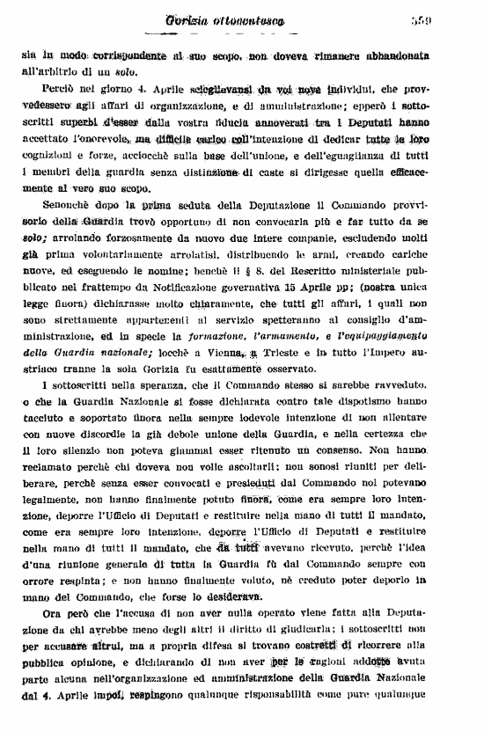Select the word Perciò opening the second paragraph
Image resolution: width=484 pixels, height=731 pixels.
(x=61, y=91)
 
